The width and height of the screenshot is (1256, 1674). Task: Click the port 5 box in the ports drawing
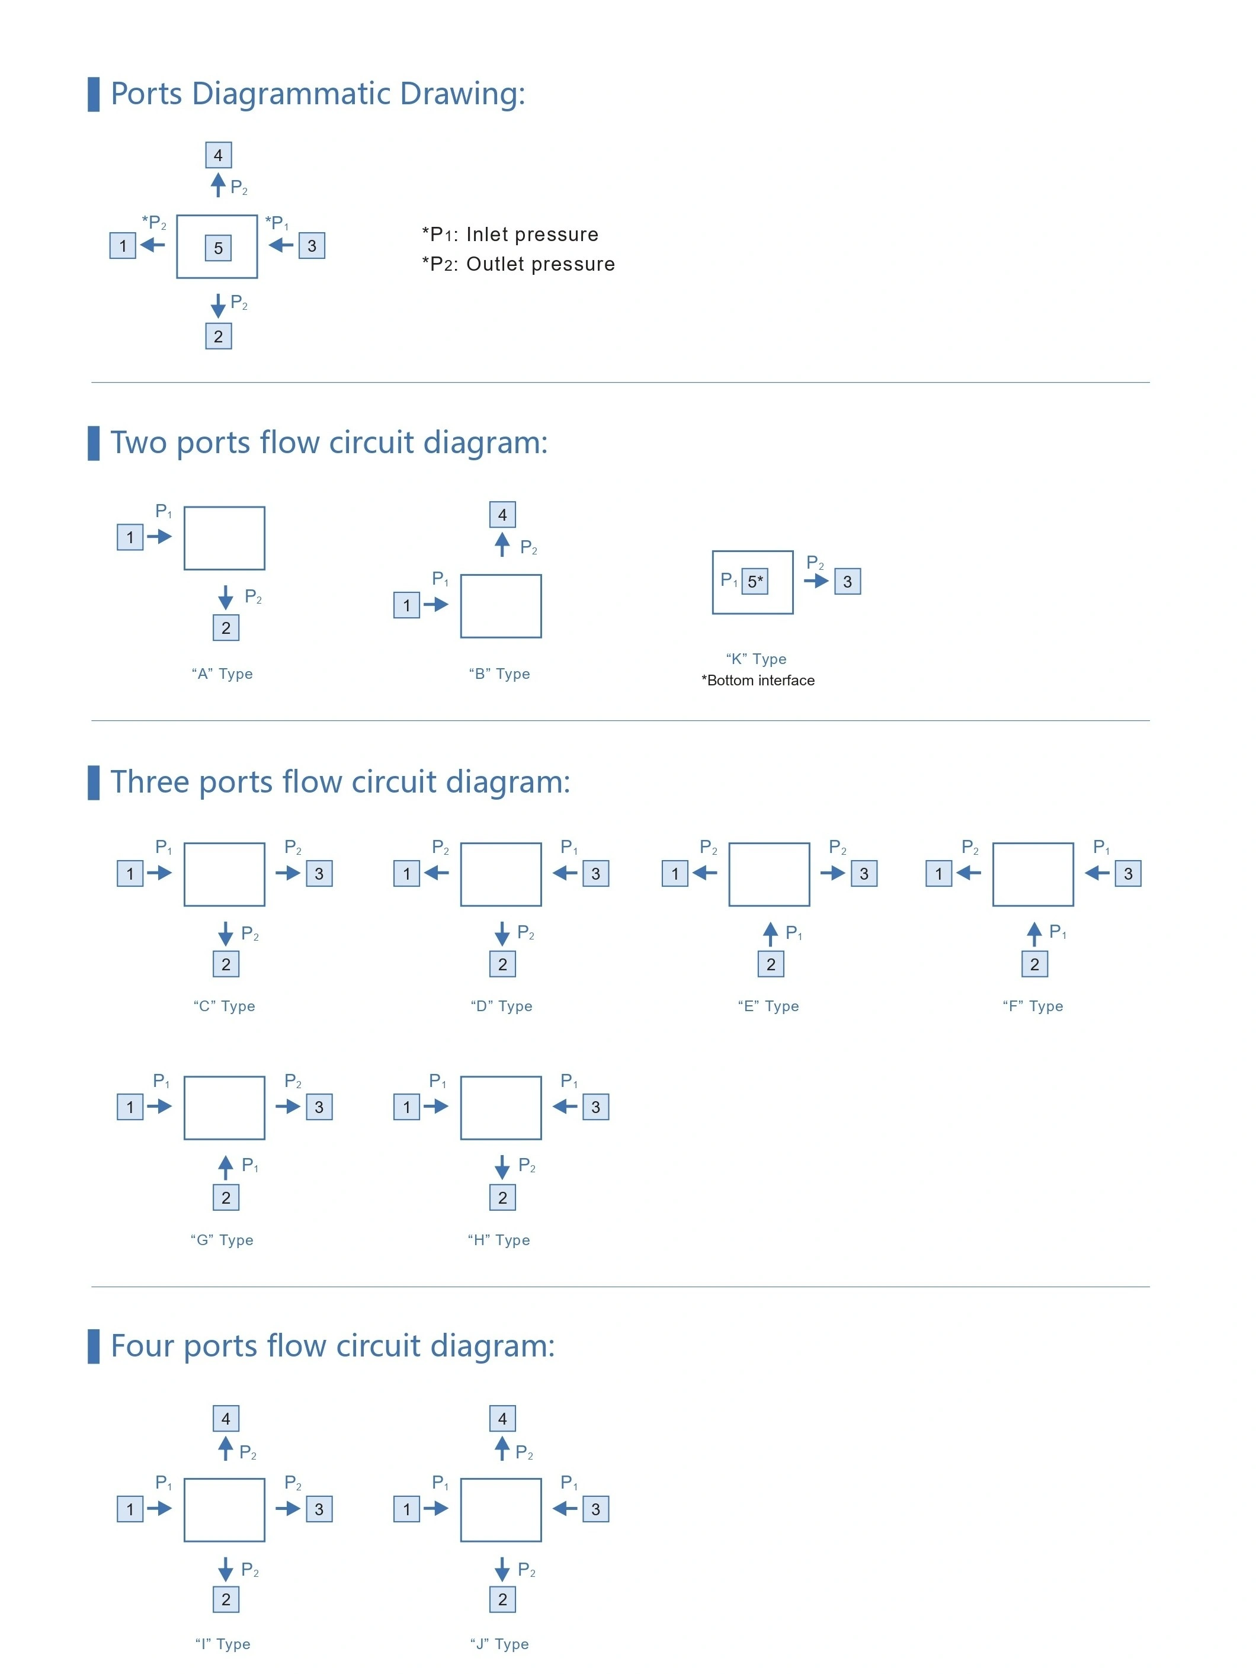click(218, 248)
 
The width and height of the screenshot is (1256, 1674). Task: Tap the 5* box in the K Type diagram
click(754, 581)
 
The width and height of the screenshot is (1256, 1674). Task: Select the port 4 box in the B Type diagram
click(502, 515)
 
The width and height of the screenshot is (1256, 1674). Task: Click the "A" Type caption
click(222, 674)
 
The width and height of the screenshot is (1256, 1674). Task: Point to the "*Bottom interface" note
click(758, 681)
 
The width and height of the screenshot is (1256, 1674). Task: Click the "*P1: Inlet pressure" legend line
click(510, 235)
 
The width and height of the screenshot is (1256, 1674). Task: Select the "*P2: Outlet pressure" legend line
click(518, 264)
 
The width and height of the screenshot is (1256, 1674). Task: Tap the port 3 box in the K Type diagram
click(847, 581)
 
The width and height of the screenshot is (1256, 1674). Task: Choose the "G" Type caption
click(222, 1240)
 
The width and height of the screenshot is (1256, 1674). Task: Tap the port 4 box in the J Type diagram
click(502, 1418)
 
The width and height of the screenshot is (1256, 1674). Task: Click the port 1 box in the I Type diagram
click(130, 1509)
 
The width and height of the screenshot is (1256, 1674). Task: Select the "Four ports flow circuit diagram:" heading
click(332, 1346)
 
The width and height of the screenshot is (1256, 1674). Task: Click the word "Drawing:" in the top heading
click(462, 94)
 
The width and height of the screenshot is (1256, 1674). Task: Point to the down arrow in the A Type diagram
click(226, 597)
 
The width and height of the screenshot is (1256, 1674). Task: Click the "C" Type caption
click(224, 1006)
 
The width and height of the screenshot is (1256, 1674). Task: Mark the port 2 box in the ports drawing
click(218, 336)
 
